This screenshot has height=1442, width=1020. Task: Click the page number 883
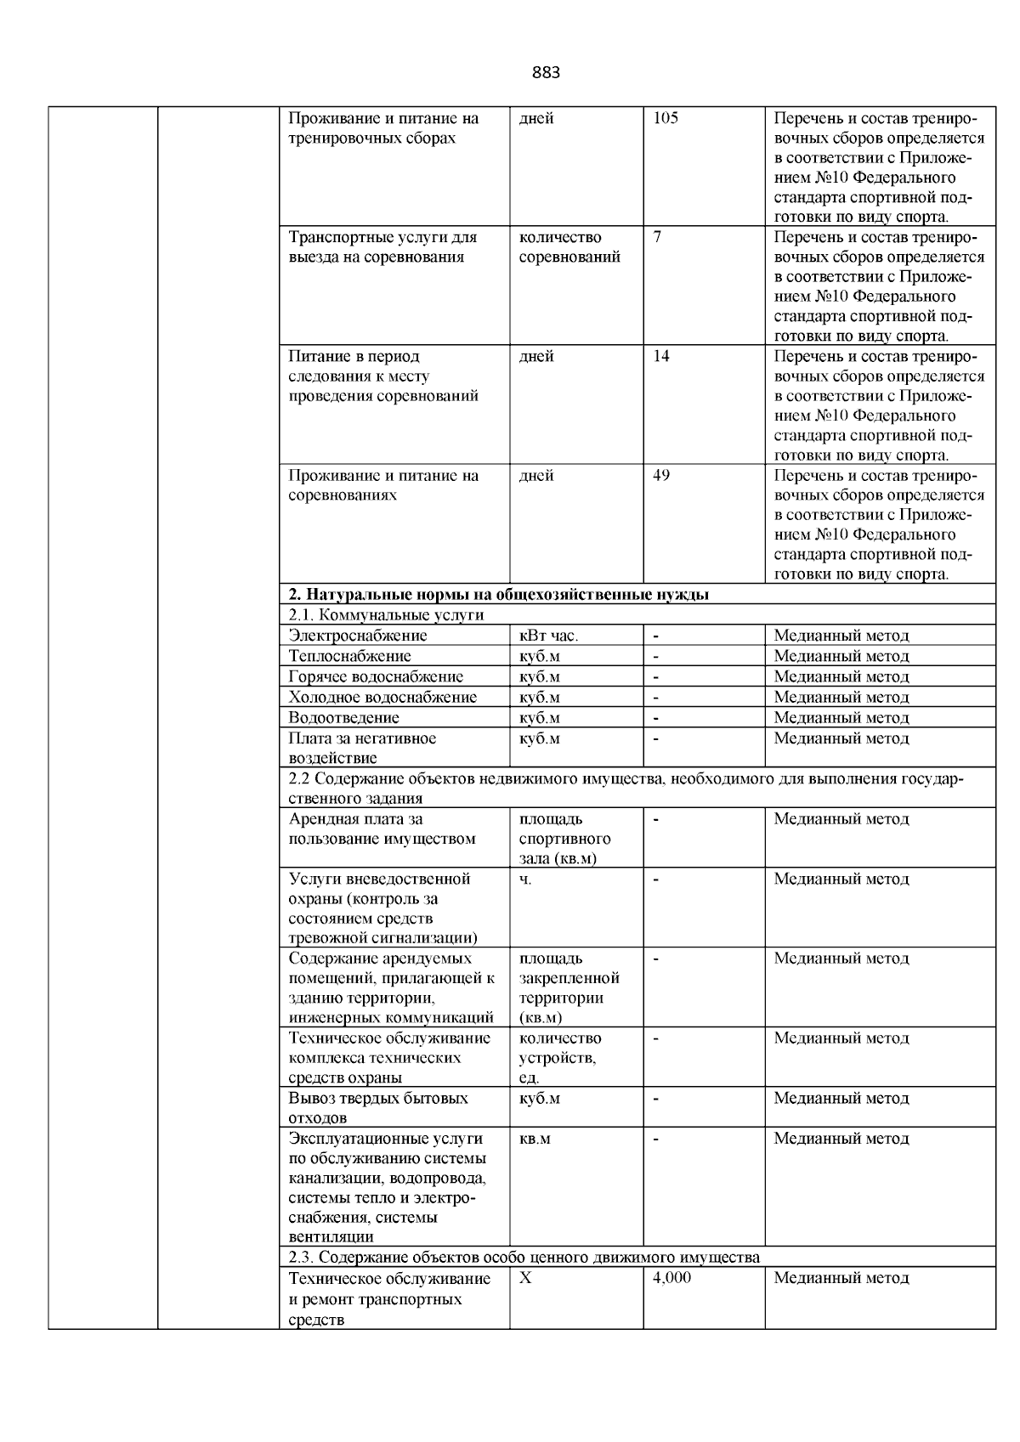pos(546,73)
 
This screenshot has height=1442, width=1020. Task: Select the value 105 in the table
pos(665,119)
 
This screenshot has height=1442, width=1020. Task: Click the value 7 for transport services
pos(657,238)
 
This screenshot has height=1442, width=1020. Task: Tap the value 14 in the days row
pos(660,357)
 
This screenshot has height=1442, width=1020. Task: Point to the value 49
pos(661,476)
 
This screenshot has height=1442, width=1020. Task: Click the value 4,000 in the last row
pos(671,1279)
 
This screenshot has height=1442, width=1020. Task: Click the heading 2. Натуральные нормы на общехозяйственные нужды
pos(498,595)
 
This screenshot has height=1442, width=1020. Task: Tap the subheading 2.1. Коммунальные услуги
pos(386,615)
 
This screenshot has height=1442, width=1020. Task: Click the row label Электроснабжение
pos(358,636)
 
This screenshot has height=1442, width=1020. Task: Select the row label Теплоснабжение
pos(349,656)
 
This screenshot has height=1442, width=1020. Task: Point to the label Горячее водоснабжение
pos(376,677)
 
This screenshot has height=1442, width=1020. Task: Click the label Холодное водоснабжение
pos(382,698)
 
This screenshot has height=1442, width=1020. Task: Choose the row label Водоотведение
pos(343,718)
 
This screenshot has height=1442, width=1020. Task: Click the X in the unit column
pos(525,1279)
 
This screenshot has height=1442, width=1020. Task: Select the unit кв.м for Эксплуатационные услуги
pos(535,1139)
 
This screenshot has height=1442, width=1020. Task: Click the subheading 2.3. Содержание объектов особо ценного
pos(524,1258)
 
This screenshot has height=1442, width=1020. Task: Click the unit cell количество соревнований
pos(569,247)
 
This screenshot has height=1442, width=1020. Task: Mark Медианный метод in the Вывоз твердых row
pos(841,1099)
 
